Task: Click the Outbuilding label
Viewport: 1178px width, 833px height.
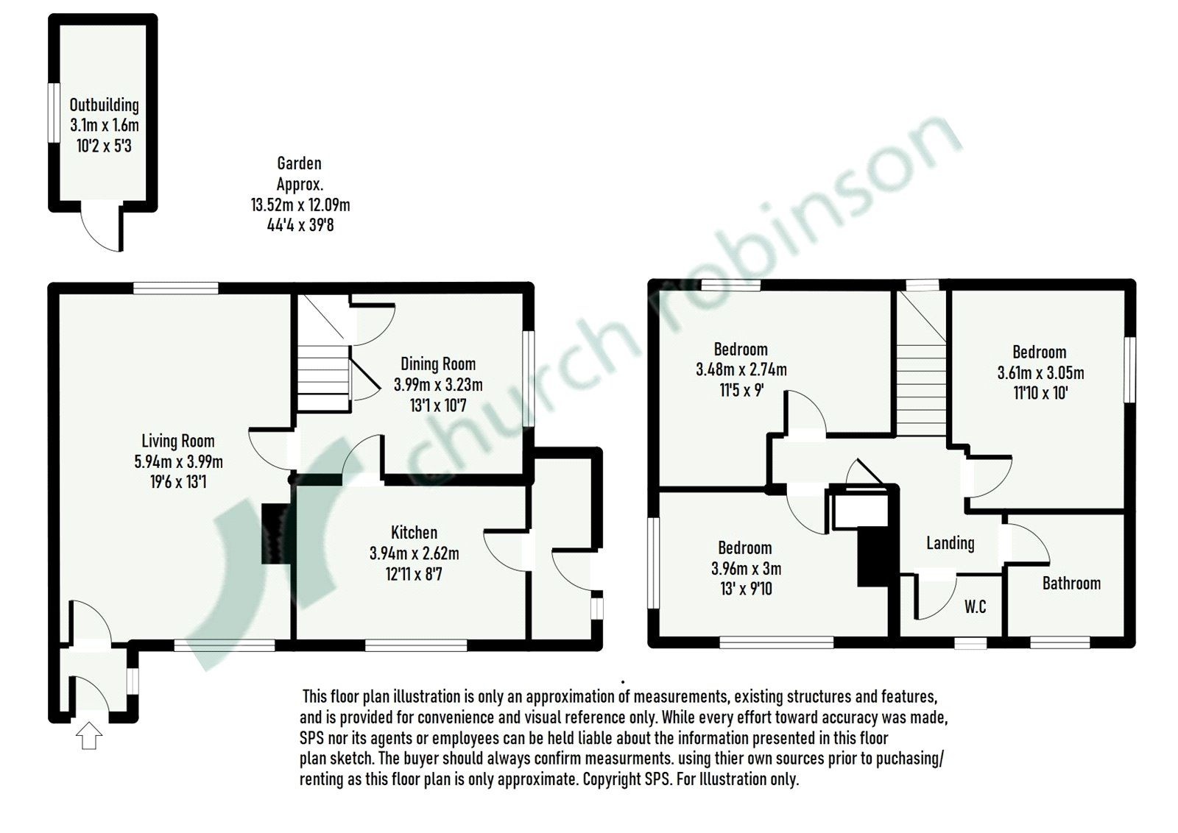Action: [104, 105]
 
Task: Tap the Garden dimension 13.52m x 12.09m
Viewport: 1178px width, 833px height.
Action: [300, 205]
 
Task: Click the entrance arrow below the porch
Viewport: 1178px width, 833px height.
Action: [88, 735]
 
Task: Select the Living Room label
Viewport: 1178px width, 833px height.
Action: [178, 441]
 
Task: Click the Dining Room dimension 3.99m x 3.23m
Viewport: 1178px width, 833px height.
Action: [438, 384]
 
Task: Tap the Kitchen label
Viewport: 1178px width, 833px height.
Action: [414, 532]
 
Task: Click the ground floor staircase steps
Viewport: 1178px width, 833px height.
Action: [322, 375]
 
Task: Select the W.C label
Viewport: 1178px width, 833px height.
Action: [975, 607]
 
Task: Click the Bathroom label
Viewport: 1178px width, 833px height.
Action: [1071, 584]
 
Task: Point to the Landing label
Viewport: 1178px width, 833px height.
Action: [950, 543]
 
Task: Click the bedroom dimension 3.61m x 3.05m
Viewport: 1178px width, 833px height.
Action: [1040, 373]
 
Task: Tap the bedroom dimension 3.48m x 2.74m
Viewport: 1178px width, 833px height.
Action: [741, 369]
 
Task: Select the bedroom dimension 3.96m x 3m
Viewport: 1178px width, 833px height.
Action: [746, 569]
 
